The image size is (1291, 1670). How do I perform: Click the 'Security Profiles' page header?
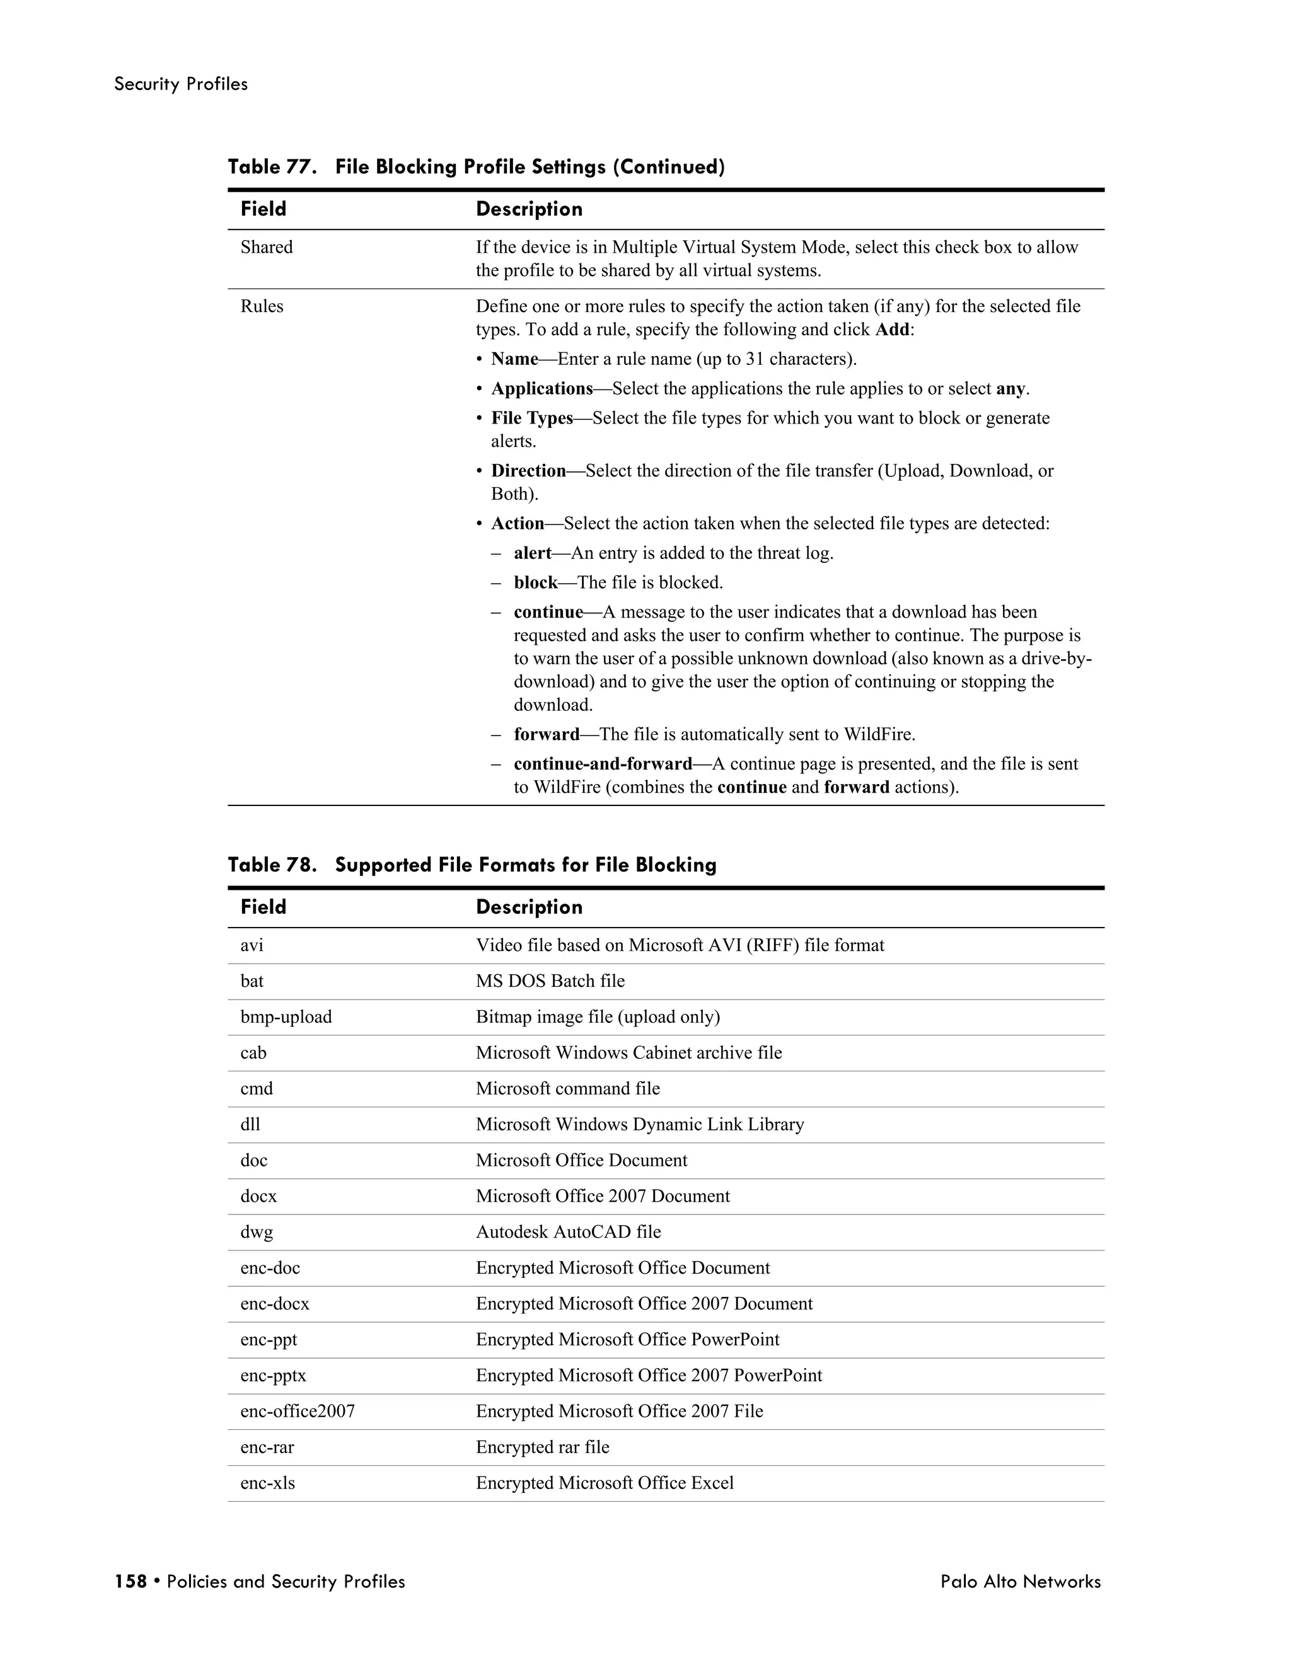(180, 84)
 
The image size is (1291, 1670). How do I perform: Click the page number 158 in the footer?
(130, 1581)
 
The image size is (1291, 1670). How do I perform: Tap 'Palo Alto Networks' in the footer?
(1021, 1581)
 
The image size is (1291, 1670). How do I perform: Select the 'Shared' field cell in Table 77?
(266, 247)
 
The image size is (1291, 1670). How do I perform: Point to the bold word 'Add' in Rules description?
(892, 330)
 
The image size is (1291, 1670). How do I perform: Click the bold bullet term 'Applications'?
(541, 388)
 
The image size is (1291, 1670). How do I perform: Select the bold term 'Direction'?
(528, 470)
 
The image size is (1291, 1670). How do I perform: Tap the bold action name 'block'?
(535, 583)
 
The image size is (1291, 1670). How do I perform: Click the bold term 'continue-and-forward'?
(603, 764)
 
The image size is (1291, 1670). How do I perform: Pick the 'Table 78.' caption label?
(272, 865)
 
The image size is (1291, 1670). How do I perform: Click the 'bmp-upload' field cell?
(286, 1017)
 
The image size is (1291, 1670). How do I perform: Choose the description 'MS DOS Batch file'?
(550, 981)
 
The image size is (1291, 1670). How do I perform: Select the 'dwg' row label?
(256, 1232)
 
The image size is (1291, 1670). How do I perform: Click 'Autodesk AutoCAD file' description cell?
(568, 1232)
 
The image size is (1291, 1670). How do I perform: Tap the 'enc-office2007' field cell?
(298, 1411)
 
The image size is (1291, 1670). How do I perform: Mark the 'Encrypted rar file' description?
(542, 1447)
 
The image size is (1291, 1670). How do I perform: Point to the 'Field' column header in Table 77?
(263, 209)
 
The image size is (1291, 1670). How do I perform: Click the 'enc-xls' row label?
(268, 1483)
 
